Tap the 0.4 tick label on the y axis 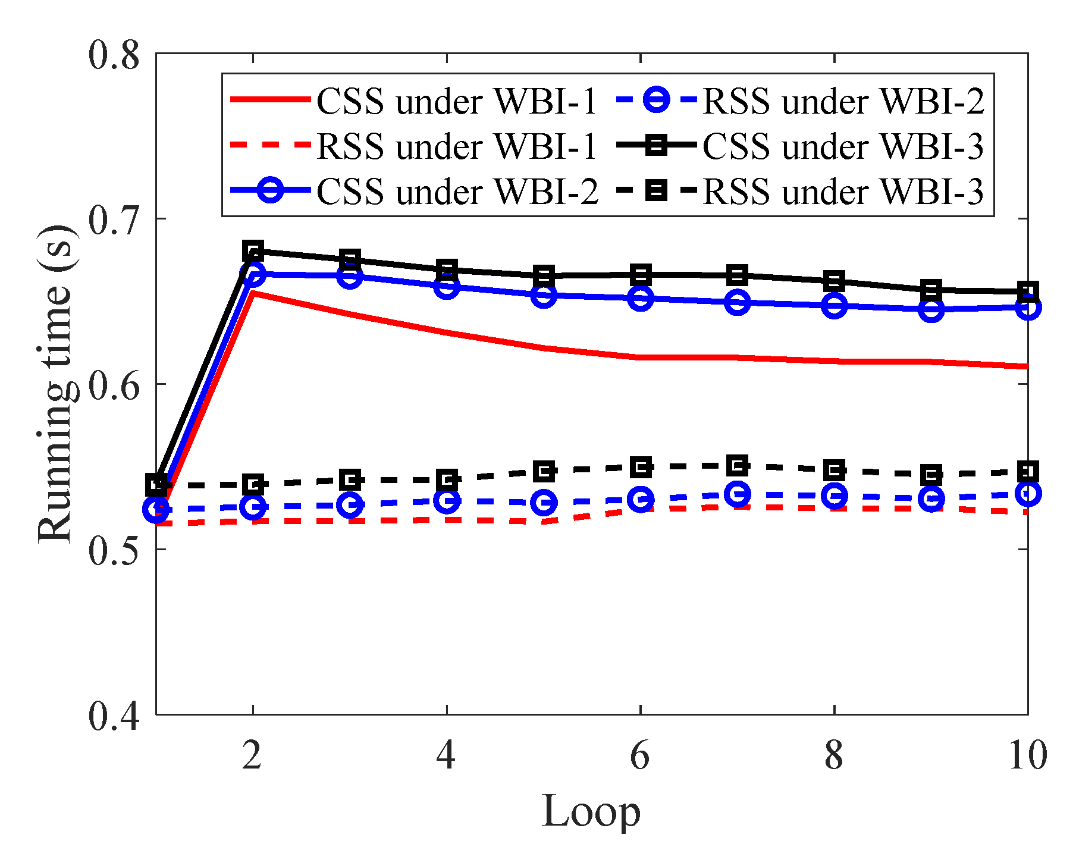(114, 714)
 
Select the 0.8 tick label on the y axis (114, 55)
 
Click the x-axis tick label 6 (639, 755)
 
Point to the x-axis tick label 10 (1027, 755)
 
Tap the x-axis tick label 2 (252, 755)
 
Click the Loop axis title (591, 811)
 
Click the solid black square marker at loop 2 (253, 250)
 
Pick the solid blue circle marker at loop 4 (447, 287)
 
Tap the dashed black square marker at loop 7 (737, 466)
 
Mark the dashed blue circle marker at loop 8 (834, 495)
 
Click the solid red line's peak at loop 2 (253, 293)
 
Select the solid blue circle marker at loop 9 (931, 309)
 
